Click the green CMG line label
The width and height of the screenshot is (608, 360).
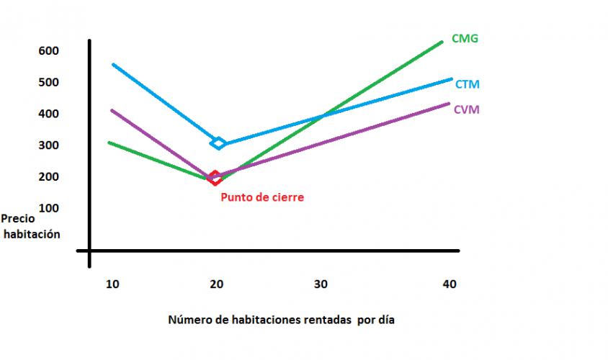point(465,38)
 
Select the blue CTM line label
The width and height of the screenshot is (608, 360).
point(468,84)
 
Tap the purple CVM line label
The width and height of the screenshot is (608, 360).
point(467,109)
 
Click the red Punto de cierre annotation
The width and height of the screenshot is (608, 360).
point(262,197)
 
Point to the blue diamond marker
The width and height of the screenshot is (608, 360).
point(218,143)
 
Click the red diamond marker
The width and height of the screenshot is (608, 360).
point(215,177)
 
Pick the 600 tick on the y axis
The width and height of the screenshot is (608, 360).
point(49,50)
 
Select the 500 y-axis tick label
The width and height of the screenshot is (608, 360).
point(49,82)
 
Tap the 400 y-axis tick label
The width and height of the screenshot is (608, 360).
point(49,114)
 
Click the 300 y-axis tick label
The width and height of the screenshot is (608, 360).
point(49,145)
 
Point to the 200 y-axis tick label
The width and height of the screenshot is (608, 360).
point(49,177)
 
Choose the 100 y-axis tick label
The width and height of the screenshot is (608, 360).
point(49,208)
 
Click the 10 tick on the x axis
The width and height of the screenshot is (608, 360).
point(112,284)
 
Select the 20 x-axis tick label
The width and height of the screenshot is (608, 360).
point(217,284)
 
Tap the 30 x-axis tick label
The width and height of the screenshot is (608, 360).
point(321,284)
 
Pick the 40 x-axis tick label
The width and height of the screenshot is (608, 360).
point(449,284)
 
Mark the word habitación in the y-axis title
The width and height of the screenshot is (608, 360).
point(32,234)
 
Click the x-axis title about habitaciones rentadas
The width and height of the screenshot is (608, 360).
point(282,320)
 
